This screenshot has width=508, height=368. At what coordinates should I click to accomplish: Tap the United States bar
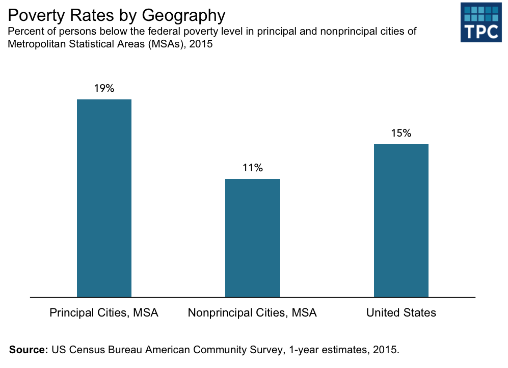401,220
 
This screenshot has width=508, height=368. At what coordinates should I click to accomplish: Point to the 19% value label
104,88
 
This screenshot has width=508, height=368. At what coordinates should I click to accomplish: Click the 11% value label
252,168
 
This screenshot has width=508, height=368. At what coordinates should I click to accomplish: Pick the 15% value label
401,133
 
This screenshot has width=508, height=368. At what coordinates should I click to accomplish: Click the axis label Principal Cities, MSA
104,312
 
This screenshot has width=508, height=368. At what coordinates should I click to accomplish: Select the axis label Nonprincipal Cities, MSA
252,312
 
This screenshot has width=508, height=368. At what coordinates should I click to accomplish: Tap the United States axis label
401,312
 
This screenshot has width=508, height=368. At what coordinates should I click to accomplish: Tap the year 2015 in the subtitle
201,44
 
